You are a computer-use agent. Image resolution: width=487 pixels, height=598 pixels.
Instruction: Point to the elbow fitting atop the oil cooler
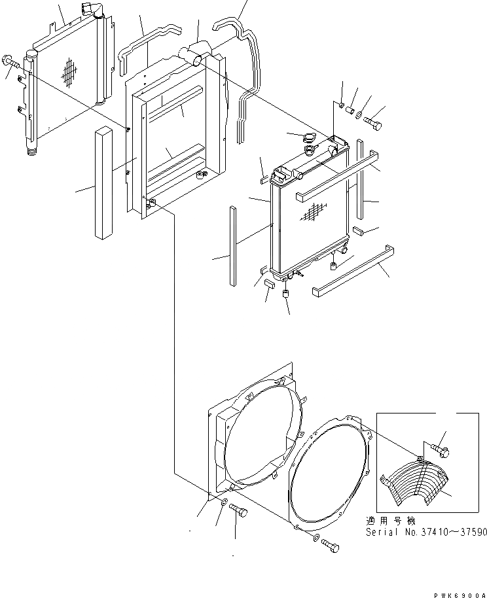[x=90, y=12]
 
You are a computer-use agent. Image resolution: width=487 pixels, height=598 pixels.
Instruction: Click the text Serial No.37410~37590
[x=425, y=533]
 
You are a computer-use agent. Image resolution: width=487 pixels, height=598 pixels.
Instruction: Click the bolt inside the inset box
[x=439, y=449]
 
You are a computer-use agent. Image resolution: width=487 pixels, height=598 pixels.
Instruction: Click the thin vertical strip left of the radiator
[x=232, y=246]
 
